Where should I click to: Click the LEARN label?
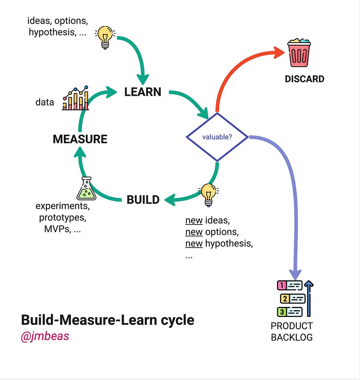pyautogui.click(x=143, y=92)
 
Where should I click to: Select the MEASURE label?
pyautogui.click(x=80, y=139)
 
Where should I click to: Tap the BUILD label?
pyautogui.click(x=143, y=200)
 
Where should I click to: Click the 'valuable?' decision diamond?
pyautogui.click(x=217, y=137)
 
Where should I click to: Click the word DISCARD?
pyautogui.click(x=304, y=79)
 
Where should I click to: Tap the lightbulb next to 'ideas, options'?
pyautogui.click(x=105, y=37)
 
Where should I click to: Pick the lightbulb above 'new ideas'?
pyautogui.click(x=208, y=194)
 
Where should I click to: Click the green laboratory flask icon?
pyautogui.click(x=86, y=189)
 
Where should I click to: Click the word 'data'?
pyautogui.click(x=45, y=102)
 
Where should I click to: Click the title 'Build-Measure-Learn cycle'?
pyautogui.click(x=107, y=320)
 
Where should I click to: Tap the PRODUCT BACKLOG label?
pyautogui.click(x=292, y=331)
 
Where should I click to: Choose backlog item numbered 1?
pyautogui.click(x=290, y=285)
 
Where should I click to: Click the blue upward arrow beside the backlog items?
pyautogui.click(x=309, y=298)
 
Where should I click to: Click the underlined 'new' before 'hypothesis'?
pyautogui.click(x=194, y=244)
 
